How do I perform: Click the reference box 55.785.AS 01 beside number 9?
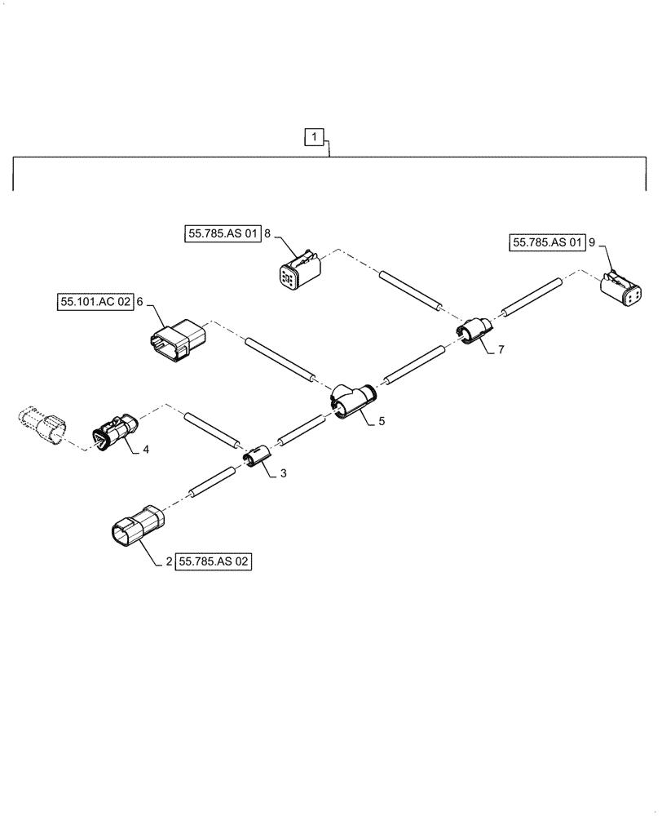click(548, 242)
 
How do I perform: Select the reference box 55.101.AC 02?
click(94, 302)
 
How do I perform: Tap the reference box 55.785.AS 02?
click(213, 562)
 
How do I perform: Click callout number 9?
click(593, 242)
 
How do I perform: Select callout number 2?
click(168, 562)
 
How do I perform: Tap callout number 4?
click(146, 449)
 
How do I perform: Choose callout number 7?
click(501, 349)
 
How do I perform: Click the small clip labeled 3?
click(258, 456)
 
